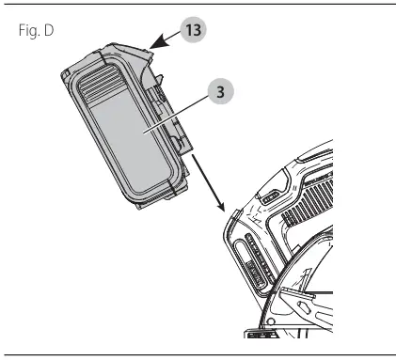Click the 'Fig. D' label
[36, 31]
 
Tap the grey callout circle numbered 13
[193, 30]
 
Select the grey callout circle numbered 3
[221, 91]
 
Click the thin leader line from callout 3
[176, 114]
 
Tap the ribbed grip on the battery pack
[100, 82]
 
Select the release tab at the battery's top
[149, 53]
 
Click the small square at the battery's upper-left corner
[65, 73]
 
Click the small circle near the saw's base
[270, 321]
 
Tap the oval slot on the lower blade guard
[305, 306]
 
